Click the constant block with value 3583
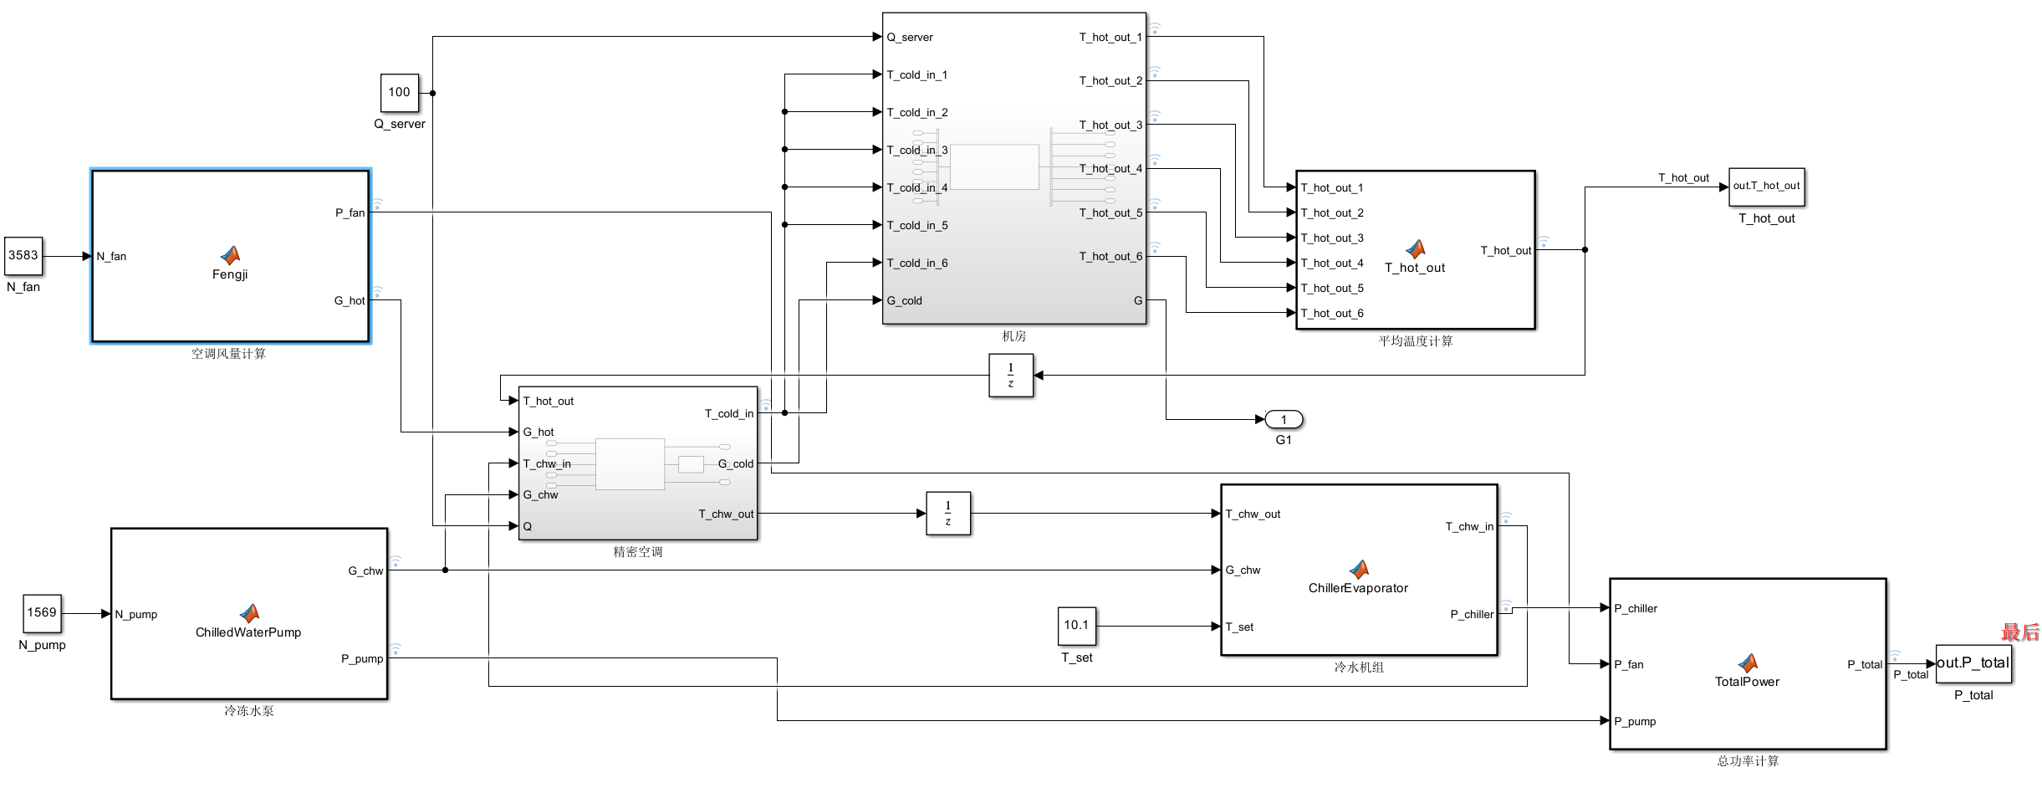(23, 255)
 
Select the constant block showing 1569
(42, 612)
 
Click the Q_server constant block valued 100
(400, 92)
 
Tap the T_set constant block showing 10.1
(1076, 625)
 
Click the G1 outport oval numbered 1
(1284, 419)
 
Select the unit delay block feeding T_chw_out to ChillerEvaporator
(947, 513)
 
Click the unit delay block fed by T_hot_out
(1010, 375)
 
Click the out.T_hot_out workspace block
(1766, 186)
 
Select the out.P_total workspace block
(1973, 663)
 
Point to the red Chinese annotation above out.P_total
(2020, 632)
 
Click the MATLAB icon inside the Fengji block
(230, 254)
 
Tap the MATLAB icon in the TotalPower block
(1748, 663)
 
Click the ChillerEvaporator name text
(1358, 588)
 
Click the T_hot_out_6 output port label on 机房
(1110, 256)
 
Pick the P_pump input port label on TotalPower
(1635, 721)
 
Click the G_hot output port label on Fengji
(350, 300)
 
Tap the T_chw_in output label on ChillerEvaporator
(1469, 526)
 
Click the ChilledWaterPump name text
(248, 632)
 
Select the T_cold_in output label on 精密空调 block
(728, 413)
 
